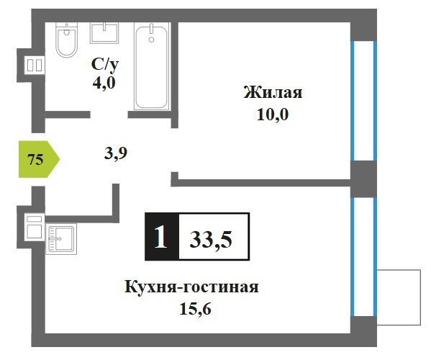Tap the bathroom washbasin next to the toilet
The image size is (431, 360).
pyautogui.click(x=104, y=33)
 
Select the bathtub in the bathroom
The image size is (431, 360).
pyautogui.click(x=151, y=66)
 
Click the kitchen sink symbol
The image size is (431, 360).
pyautogui.click(x=61, y=239)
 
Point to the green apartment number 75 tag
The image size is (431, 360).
pyautogui.click(x=39, y=159)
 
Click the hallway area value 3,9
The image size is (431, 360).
pyautogui.click(x=116, y=153)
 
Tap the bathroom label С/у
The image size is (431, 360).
pyautogui.click(x=105, y=64)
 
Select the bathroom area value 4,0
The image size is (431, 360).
pyautogui.click(x=104, y=83)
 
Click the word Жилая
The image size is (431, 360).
pyautogui.click(x=273, y=92)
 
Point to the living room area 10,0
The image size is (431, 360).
pyautogui.click(x=273, y=114)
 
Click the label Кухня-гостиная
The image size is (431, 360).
pyautogui.click(x=191, y=287)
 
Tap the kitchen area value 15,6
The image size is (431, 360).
pyautogui.click(x=195, y=309)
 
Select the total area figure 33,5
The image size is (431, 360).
pyautogui.click(x=211, y=240)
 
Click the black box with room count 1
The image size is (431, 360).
pyautogui.click(x=162, y=236)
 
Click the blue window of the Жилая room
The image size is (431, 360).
pyautogui.click(x=363, y=101)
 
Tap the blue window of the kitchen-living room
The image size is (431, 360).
pyautogui.click(x=363, y=257)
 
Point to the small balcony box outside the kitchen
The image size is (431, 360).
pyautogui.click(x=399, y=297)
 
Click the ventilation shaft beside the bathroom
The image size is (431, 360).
pyautogui.click(x=35, y=66)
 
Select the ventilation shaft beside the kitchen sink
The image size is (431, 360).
pyautogui.click(x=35, y=228)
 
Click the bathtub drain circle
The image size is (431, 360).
pyautogui.click(x=151, y=40)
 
